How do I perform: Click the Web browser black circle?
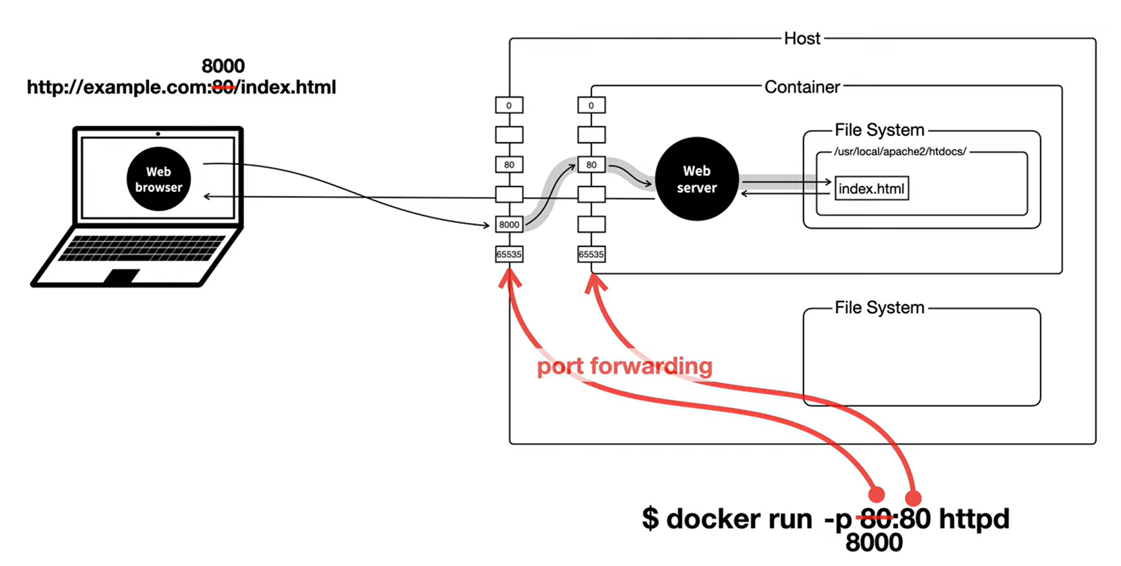pos(158,179)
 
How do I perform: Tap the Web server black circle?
pos(697,179)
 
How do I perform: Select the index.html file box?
pos(872,188)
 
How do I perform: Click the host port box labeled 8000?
pos(509,224)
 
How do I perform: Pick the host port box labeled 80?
pos(509,165)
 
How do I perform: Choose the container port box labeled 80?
pos(591,165)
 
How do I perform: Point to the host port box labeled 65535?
pos(509,254)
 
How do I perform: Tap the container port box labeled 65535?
pos(591,254)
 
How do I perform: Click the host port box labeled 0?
pos(509,105)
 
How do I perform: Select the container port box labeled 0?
pos(591,105)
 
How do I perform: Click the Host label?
pos(802,39)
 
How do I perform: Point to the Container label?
pos(802,87)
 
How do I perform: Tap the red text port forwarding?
pos(625,367)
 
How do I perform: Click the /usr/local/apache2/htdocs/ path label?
pos(900,152)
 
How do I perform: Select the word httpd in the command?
pos(974,518)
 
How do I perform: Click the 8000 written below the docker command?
pos(874,543)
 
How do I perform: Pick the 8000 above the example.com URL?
pos(223,66)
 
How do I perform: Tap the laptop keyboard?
pos(141,248)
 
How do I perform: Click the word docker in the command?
pos(739,518)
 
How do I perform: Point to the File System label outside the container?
pos(879,307)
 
